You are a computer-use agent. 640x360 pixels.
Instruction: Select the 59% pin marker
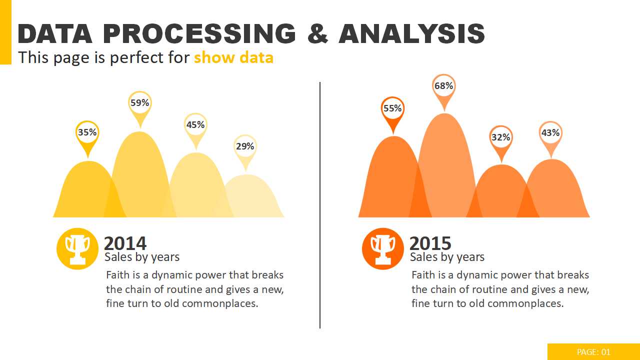pos(140,103)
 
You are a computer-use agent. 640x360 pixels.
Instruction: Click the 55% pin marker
pos(392,109)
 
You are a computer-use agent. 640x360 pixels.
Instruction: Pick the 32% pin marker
pos(500,137)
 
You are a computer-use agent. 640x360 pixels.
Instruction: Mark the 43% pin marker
pos(550,133)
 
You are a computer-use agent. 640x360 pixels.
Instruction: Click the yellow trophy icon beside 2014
pos(77,248)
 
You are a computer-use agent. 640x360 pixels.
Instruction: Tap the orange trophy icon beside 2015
pos(383,248)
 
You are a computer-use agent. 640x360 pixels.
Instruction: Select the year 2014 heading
pos(125,243)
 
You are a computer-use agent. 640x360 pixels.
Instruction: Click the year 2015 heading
pos(430,243)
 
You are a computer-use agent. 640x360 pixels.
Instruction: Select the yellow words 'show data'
pos(233,58)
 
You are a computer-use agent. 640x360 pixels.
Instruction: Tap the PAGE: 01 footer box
pos(593,352)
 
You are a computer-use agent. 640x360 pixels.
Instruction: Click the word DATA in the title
pos(55,34)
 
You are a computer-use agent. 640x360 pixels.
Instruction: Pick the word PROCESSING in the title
pos(199,34)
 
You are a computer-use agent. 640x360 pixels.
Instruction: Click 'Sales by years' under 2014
pos(142,257)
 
